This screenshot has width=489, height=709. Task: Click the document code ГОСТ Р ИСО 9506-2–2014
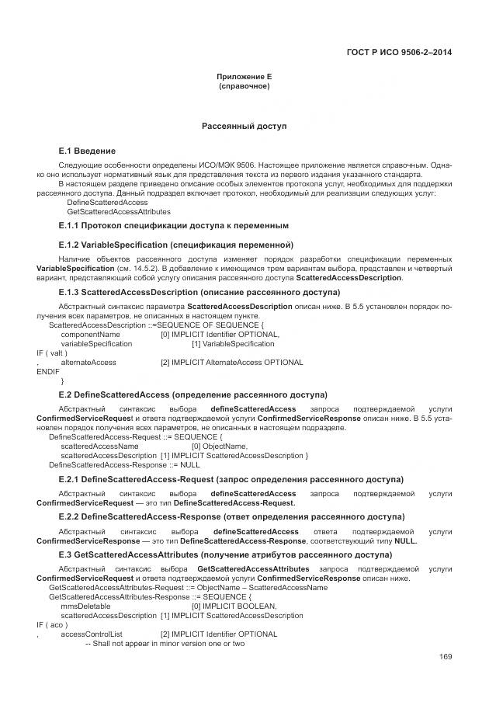pyautogui.click(x=398, y=53)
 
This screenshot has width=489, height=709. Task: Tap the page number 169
pyautogui.click(x=445, y=658)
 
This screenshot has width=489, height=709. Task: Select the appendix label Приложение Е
pyautogui.click(x=244, y=78)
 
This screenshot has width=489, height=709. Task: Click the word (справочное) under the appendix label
pyautogui.click(x=244, y=86)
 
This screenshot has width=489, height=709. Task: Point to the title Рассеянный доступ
pyautogui.click(x=244, y=125)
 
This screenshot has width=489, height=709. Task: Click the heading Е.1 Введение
pyautogui.click(x=87, y=151)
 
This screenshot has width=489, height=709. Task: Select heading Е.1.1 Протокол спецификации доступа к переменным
pyautogui.click(x=173, y=225)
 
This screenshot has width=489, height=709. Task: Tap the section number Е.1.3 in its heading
pyautogui.click(x=71, y=292)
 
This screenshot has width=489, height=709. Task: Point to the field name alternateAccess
pyautogui.click(x=88, y=362)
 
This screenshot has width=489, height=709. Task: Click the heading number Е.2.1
pyautogui.click(x=71, y=479)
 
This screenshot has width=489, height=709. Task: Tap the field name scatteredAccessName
pyautogui.click(x=99, y=446)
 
